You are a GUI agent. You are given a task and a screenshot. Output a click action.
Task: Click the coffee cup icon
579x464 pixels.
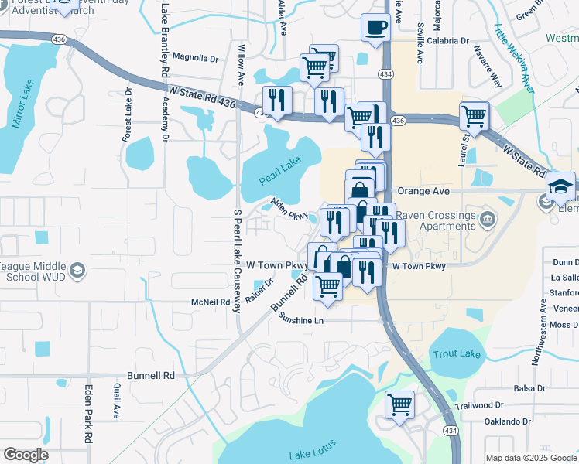(376, 28)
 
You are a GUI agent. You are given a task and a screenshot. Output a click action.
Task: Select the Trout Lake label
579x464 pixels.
(457, 354)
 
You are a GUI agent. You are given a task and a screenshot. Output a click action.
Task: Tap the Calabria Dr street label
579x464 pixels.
(448, 40)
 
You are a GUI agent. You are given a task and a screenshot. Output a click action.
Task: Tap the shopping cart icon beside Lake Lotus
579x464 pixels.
(399, 404)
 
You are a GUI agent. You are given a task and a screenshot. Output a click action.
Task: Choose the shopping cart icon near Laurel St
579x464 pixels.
(474, 117)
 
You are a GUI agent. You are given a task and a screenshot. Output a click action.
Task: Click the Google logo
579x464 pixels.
(26, 455)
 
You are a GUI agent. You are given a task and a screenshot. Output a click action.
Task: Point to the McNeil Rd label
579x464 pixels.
(211, 302)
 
